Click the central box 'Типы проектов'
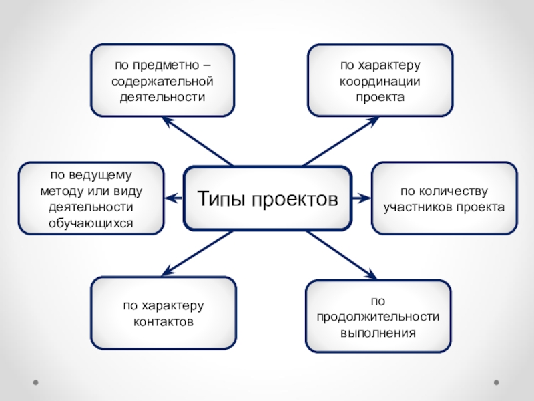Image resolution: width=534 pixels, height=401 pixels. click(267, 198)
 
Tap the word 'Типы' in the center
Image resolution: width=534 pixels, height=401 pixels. click(221, 199)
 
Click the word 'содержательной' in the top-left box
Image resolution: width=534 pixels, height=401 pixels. click(162, 81)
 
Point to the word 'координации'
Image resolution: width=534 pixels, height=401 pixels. click(380, 81)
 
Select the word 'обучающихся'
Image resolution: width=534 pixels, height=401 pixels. click(91, 221)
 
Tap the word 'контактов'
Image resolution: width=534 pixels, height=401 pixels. click(163, 321)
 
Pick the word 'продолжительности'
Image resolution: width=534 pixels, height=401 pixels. click(378, 316)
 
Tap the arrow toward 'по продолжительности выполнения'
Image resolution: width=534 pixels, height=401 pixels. click(340, 254)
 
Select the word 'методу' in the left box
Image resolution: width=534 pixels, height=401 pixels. click(59, 190)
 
